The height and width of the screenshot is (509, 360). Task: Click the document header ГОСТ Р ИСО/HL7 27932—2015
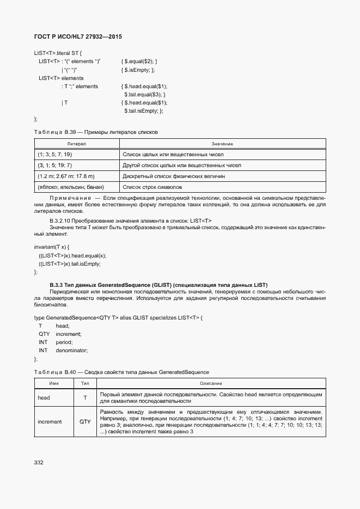[x=78, y=36]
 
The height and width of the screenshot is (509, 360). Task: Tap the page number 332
[x=39, y=462]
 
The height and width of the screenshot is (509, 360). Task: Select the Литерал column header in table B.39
[x=76, y=144]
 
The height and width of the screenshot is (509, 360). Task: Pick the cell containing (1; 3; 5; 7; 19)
[x=55, y=155]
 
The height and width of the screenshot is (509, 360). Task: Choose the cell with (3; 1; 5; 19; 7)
[x=55, y=165]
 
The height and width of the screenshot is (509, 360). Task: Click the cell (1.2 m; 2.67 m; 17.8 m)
[x=66, y=176]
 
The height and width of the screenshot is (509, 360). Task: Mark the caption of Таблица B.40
[x=121, y=372]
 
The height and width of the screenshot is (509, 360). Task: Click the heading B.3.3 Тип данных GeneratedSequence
[x=158, y=285]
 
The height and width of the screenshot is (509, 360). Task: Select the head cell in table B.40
[x=44, y=398]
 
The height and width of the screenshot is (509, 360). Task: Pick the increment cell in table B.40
[x=50, y=422]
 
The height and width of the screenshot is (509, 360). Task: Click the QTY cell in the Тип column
[x=85, y=422]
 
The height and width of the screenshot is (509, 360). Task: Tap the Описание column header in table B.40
[x=211, y=384]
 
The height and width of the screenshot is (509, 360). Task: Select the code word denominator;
[x=71, y=351]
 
